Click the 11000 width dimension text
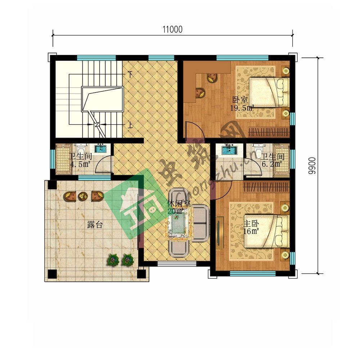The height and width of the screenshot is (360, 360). pos(172,30)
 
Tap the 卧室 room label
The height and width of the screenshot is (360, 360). pos(240,100)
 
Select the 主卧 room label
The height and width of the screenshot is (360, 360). pos(251,224)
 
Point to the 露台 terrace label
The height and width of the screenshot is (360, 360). pos(95,225)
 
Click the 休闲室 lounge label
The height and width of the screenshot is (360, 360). pos(179,204)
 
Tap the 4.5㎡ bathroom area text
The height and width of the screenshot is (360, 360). pos(80,165)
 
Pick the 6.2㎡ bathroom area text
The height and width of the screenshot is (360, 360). pos(272,164)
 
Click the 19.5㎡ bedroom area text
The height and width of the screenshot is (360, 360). pos(242,108)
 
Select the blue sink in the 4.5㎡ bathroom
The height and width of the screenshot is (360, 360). pos(100,149)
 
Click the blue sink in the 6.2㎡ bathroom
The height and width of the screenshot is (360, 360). pos(229,150)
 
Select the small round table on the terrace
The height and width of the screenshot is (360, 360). pos(83,196)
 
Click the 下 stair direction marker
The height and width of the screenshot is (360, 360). pos(130,74)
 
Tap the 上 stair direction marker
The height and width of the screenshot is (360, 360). pos(130,125)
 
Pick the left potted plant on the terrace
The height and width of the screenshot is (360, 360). pos(113,260)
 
